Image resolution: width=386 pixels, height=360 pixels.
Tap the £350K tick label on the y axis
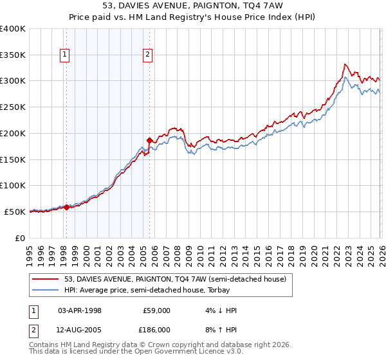point(13,55)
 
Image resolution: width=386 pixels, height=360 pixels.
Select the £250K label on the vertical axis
point(13,107)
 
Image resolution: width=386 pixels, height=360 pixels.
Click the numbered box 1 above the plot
point(66,55)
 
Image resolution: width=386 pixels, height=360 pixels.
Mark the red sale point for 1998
point(66,207)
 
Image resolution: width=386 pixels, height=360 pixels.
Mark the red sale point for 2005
point(149,140)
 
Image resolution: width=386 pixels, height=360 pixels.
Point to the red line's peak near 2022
point(345,64)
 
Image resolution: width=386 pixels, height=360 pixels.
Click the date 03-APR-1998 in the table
point(80,310)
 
